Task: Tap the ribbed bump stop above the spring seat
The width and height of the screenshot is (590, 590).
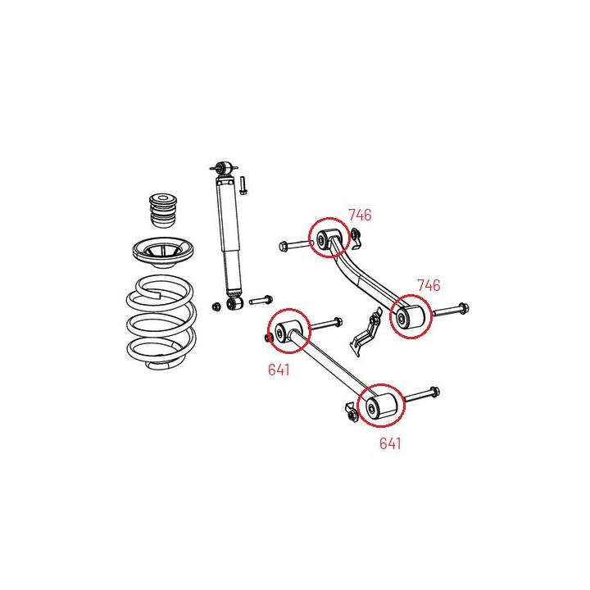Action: (x=163, y=210)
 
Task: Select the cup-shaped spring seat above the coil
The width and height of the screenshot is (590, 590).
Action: (x=163, y=252)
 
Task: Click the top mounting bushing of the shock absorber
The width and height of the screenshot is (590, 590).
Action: (x=225, y=167)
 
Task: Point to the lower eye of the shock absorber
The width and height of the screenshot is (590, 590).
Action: (x=234, y=303)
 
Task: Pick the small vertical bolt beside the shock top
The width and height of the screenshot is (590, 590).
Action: (x=243, y=185)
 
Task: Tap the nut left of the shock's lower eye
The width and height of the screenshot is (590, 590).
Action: (x=216, y=306)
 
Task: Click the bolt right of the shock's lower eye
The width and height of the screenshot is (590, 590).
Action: (x=261, y=300)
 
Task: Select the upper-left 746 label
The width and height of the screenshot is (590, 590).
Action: (x=360, y=215)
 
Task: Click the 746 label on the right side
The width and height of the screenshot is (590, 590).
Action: (x=429, y=286)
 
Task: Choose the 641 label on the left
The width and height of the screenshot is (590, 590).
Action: (x=279, y=370)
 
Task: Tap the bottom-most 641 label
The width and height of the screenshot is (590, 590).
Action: (x=390, y=443)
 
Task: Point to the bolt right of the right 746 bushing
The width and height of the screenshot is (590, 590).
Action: (x=451, y=310)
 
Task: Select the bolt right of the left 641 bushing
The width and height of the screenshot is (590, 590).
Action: (x=326, y=324)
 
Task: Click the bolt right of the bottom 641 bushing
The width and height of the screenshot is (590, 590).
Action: (x=421, y=394)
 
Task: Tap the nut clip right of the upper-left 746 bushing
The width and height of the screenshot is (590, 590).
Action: (x=356, y=238)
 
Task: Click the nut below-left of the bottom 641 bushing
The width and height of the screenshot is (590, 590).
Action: (x=352, y=412)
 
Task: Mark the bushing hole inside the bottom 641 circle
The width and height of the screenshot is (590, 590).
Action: (x=372, y=409)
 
